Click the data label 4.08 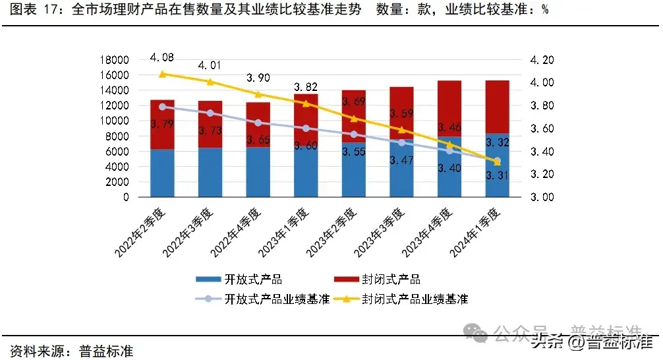tap(162, 57)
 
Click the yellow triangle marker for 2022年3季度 tap(210, 82)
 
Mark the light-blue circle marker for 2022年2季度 tap(163, 106)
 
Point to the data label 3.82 tap(305, 88)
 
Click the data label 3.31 tap(496, 175)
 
